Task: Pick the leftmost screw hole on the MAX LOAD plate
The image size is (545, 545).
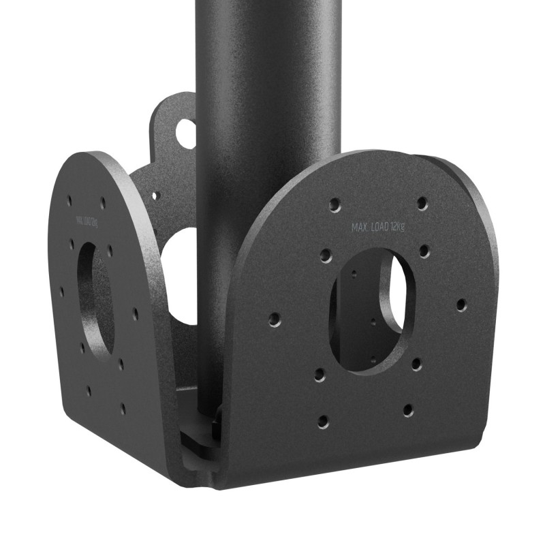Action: pyautogui.click(x=275, y=318)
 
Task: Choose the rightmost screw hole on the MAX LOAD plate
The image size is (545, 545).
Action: pyautogui.click(x=461, y=304)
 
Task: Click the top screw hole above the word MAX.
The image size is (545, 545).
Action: pyautogui.click(x=334, y=204)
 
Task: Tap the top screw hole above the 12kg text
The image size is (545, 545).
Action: pyautogui.click(x=422, y=202)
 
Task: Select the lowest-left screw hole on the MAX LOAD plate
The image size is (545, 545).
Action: pyautogui.click(x=323, y=421)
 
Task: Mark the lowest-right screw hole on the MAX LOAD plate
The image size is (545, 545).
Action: pyautogui.click(x=407, y=410)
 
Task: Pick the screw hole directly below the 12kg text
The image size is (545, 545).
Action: pyautogui.click(x=424, y=251)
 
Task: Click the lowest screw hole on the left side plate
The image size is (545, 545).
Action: pyautogui.click(x=123, y=409)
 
